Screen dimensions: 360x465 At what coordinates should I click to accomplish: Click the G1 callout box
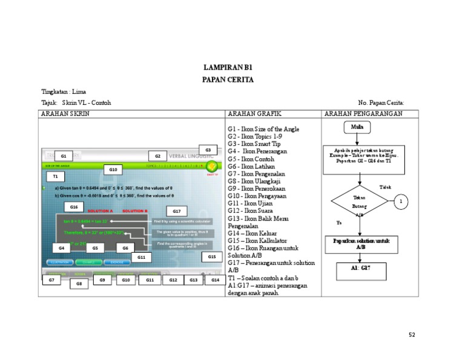tap(63, 156)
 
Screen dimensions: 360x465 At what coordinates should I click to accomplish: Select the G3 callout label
tap(208, 150)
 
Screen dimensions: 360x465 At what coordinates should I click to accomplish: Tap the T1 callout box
tap(55, 176)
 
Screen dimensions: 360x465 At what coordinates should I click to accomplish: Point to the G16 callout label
tap(74, 207)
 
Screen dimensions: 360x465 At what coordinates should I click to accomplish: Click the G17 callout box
tap(176, 212)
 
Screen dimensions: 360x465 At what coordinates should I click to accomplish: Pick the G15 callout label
tap(212, 257)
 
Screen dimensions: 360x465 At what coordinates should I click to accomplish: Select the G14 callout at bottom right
tap(214, 280)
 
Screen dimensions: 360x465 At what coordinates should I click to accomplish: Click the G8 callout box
tap(79, 283)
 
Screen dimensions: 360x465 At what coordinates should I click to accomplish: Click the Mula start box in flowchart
tap(357, 128)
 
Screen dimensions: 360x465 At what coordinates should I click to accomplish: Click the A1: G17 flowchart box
tap(360, 269)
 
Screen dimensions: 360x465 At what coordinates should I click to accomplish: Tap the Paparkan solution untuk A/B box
tap(360, 244)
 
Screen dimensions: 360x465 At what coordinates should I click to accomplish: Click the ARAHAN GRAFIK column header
tap(254, 114)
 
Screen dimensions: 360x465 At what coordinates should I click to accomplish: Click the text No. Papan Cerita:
tap(381, 103)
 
